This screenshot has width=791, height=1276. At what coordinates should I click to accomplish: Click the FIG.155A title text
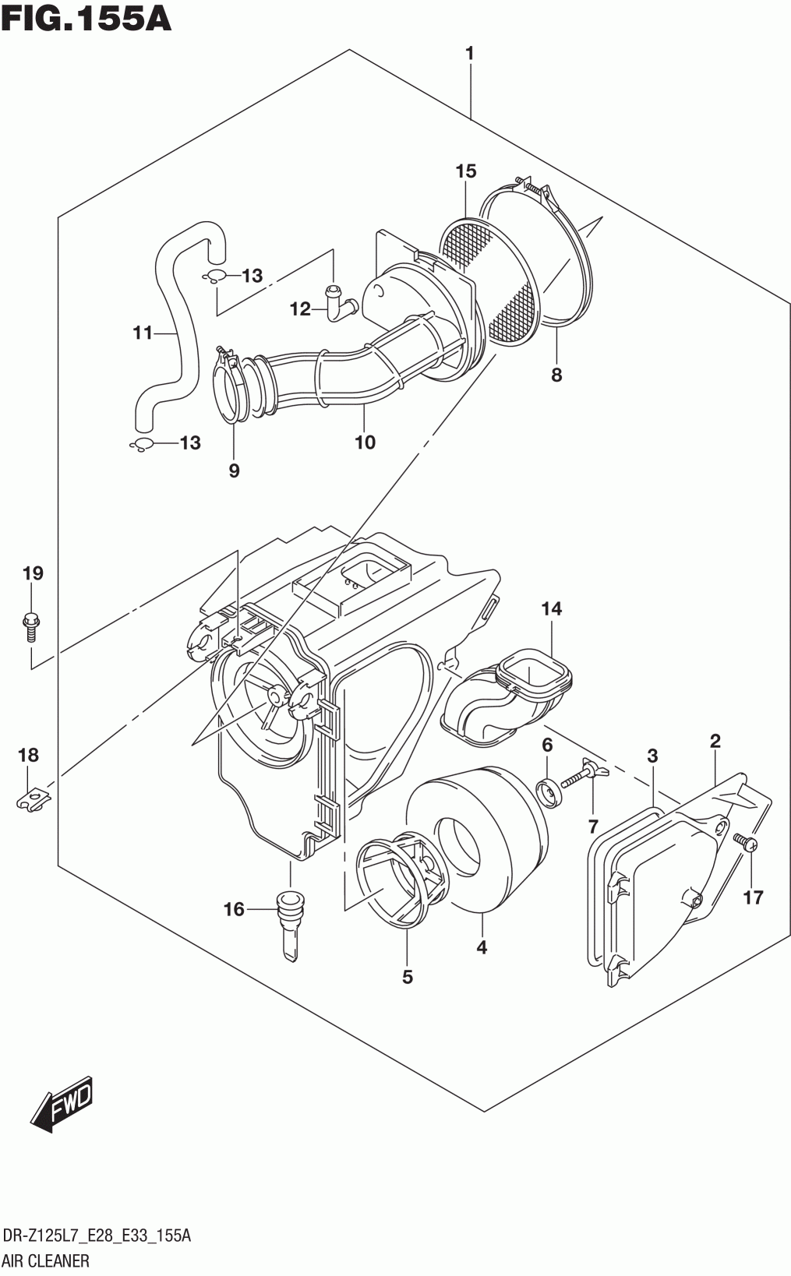click(86, 18)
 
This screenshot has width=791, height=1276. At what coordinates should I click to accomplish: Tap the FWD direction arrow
click(63, 1105)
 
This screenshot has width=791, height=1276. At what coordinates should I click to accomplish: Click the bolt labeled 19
click(32, 626)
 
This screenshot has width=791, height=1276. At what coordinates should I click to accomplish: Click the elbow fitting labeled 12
click(337, 303)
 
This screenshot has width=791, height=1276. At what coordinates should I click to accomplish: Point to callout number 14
click(552, 608)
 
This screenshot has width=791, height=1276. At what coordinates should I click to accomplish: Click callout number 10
click(365, 442)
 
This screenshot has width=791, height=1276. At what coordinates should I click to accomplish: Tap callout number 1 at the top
click(469, 54)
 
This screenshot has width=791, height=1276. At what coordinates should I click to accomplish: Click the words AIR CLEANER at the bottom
click(46, 1260)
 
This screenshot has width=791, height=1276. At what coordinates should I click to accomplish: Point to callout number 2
click(715, 741)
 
